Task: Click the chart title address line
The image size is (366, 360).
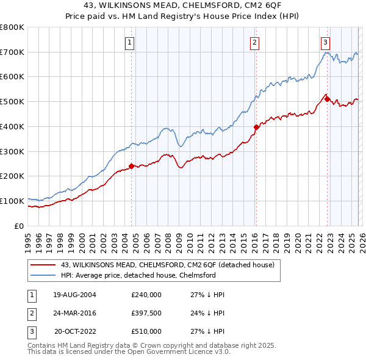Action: pyautogui.click(x=183, y=5)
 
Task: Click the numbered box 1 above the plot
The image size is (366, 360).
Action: pyautogui.click(x=131, y=42)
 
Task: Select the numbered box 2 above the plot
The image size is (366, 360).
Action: pyautogui.click(x=254, y=42)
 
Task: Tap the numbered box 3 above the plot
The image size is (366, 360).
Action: pyautogui.click(x=326, y=42)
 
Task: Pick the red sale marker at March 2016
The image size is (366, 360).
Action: pyautogui.click(x=256, y=127)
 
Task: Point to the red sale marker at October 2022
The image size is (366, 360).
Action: pyautogui.click(x=327, y=99)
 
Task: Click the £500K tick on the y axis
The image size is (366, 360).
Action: pyautogui.click(x=12, y=102)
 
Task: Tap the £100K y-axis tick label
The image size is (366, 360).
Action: pyautogui.click(x=12, y=201)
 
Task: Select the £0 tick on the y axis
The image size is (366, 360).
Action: pyautogui.click(x=18, y=226)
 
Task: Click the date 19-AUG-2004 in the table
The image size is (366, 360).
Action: pyautogui.click(x=74, y=294)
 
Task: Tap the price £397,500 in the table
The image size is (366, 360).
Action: pyautogui.click(x=146, y=313)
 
